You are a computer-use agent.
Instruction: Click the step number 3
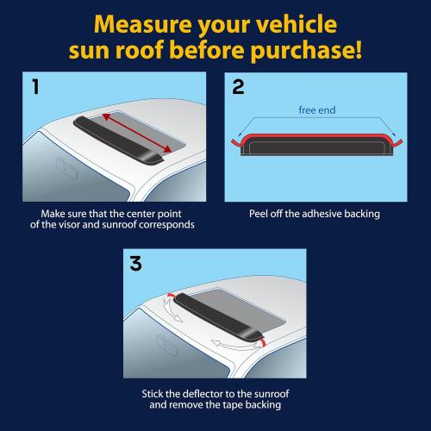[135, 264]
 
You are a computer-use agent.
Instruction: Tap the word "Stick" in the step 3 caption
[156, 393]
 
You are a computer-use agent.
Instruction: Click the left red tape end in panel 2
[234, 138]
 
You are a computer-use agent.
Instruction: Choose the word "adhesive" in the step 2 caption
[322, 212]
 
